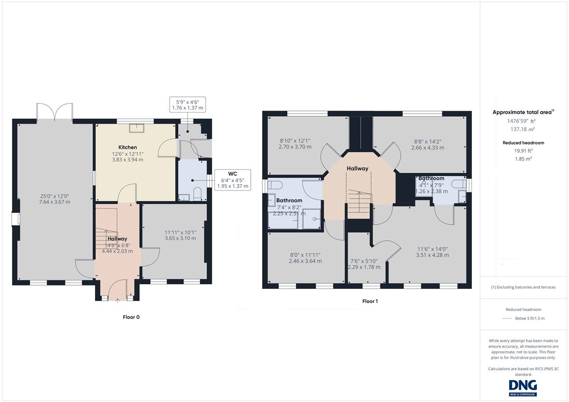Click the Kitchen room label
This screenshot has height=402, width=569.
(127, 147)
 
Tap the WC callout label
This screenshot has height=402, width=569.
(233, 174)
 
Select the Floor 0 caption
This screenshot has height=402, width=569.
(131, 317)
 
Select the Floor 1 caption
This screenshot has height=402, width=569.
(370, 301)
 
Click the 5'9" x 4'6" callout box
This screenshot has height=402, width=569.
(187, 105)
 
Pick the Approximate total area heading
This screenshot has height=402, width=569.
(523, 112)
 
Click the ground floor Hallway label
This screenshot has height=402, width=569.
(117, 239)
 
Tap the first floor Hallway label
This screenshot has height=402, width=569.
(357, 168)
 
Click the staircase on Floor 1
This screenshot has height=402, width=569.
(359, 204)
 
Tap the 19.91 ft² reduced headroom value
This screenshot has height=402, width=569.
(523, 151)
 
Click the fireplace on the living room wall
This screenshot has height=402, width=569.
(15, 219)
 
